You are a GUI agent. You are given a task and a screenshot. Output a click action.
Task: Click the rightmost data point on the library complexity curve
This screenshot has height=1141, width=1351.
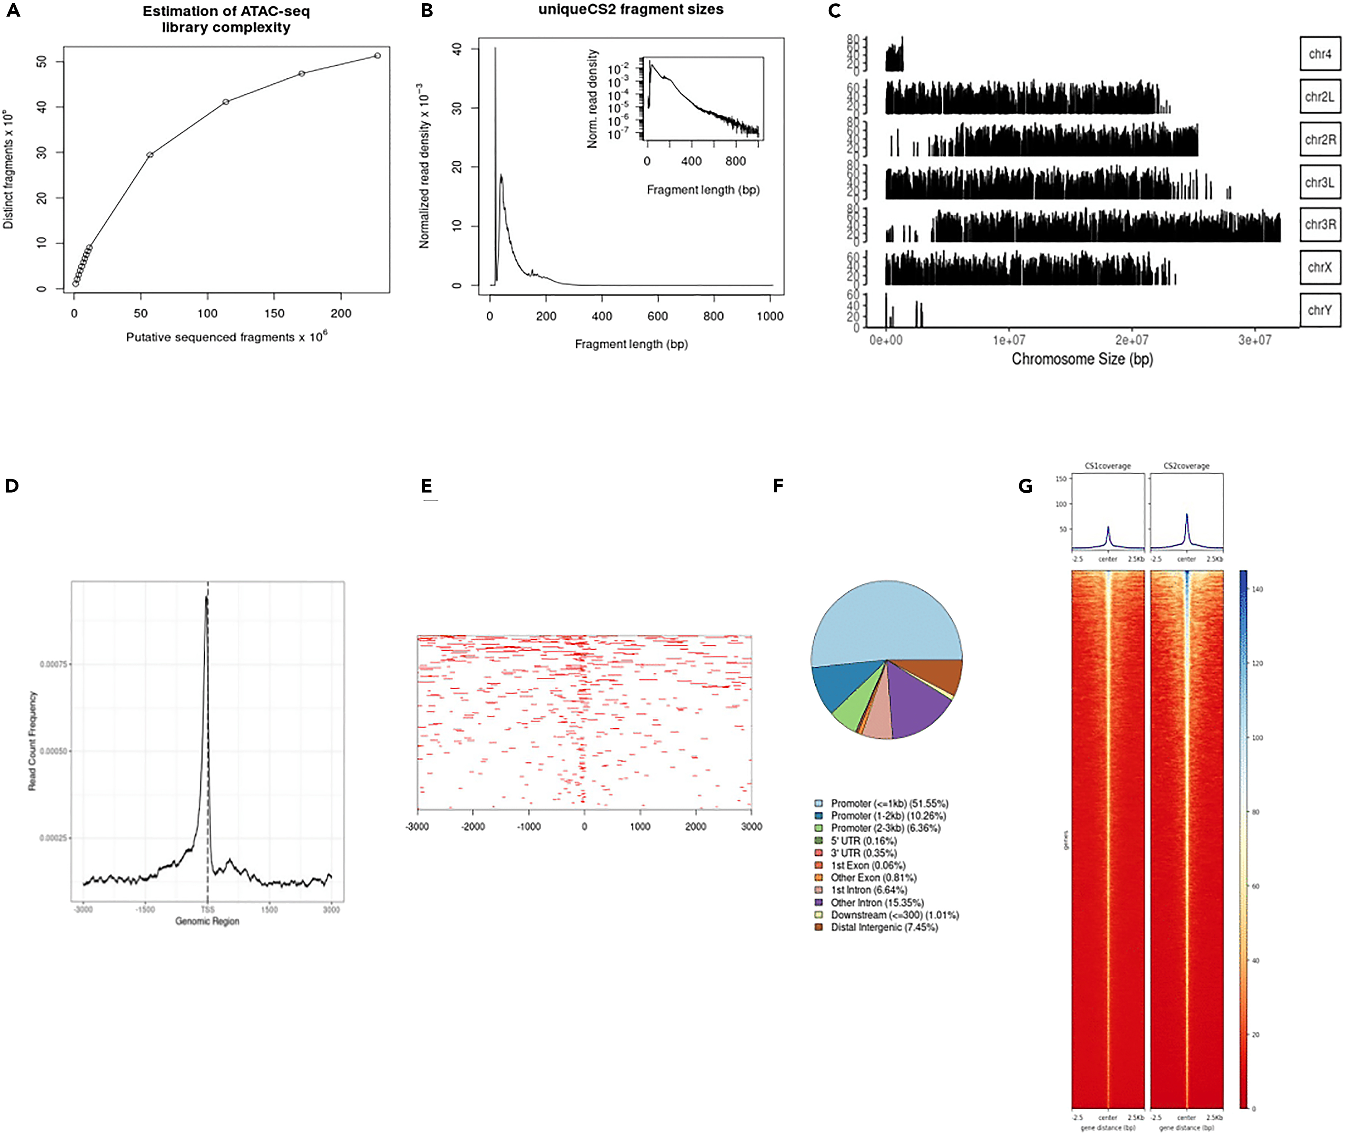point(378,56)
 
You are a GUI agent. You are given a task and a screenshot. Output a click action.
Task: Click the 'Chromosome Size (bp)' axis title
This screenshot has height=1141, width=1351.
point(1082,359)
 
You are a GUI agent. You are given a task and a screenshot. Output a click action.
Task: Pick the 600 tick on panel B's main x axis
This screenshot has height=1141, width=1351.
point(657,316)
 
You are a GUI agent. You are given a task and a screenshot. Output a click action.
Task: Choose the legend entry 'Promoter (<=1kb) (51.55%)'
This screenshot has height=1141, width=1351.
point(889,803)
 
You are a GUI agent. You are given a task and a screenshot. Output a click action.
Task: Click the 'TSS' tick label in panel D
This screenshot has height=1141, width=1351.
point(207,910)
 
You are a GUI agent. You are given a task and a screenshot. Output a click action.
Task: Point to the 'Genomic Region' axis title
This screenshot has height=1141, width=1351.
point(207,921)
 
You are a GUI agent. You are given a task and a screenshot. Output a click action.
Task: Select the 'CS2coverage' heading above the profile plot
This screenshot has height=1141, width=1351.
point(1186,466)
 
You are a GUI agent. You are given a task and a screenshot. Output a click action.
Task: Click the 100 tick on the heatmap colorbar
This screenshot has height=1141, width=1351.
point(1257,737)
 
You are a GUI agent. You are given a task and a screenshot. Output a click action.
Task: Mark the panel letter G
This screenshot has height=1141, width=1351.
point(1025,486)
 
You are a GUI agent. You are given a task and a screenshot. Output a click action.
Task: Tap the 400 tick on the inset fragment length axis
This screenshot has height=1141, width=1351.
point(691,161)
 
